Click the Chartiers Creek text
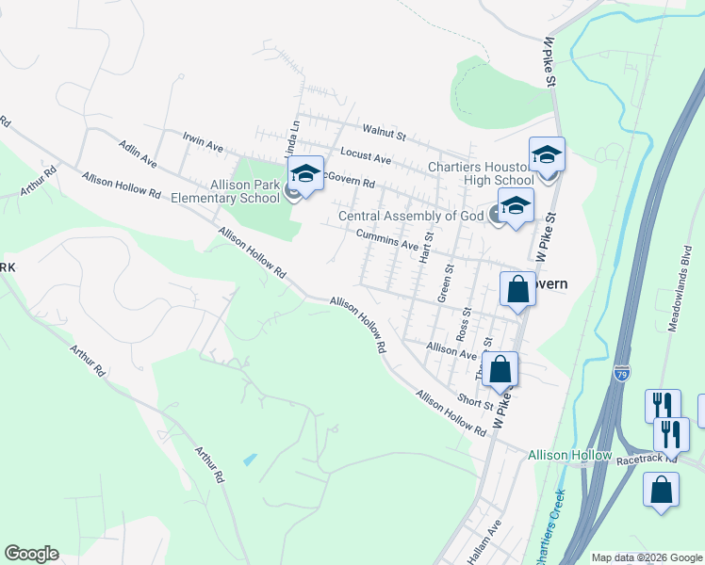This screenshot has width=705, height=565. pos(552,528)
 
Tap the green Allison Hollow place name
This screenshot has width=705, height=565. pos(570,455)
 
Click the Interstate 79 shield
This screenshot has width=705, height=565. pos(621,373)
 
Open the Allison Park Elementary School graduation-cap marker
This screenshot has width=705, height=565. pos(305,173)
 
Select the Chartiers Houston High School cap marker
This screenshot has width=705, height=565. pos(547,154)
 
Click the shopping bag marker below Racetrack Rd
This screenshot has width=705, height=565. pos(662,490)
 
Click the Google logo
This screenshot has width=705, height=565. pos(31,554)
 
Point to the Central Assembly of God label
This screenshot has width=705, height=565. pos(411,216)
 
